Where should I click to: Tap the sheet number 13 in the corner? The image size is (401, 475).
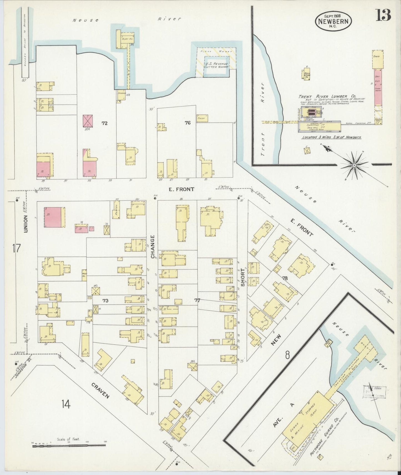point(383,15)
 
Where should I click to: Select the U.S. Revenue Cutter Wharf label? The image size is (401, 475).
point(216,65)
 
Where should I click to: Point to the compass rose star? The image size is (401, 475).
point(354,165)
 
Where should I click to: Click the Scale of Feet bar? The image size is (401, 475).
point(69,446)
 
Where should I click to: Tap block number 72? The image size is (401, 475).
point(104,123)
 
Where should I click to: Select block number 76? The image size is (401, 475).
point(188,123)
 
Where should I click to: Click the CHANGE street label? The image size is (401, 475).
point(153,247)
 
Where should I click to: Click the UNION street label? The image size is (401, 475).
point(26,224)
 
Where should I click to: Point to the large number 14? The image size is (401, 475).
point(66,405)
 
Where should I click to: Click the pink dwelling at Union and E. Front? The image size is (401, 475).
point(53,217)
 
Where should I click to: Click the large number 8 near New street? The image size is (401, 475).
point(287,355)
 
